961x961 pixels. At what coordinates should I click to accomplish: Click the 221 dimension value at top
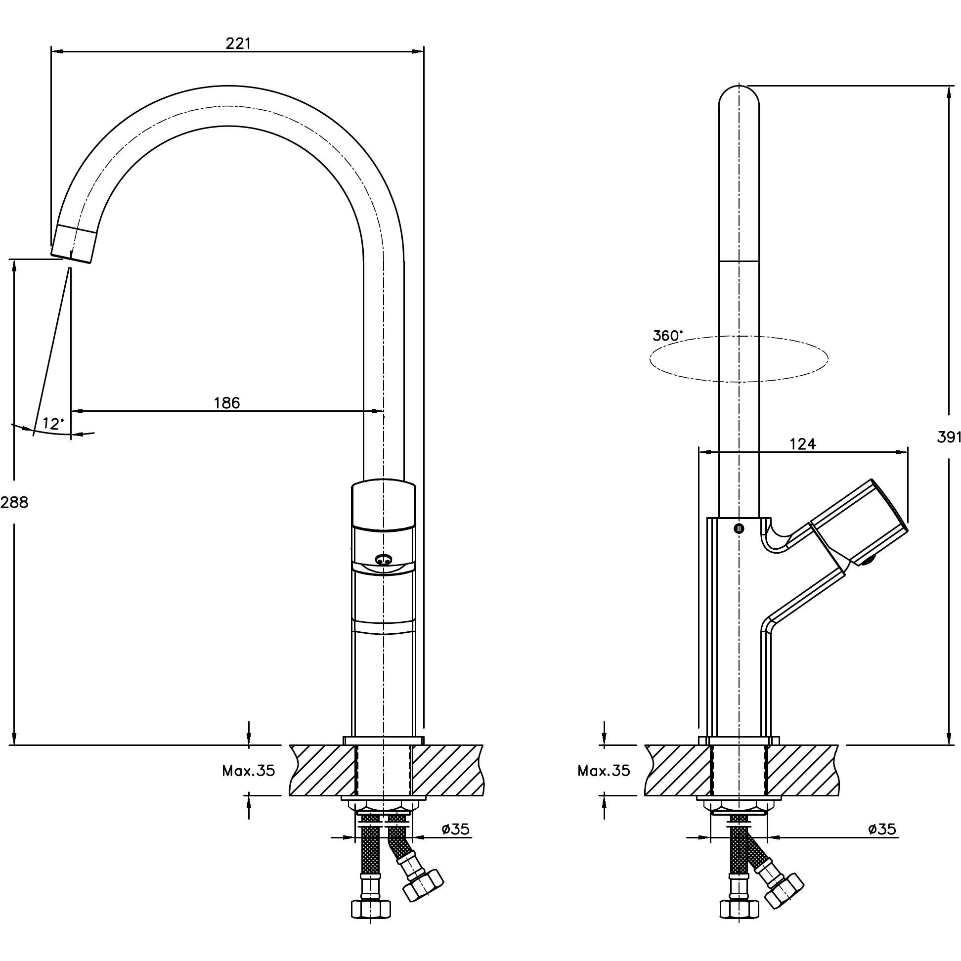(238, 44)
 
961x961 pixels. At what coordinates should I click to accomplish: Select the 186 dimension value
(227, 402)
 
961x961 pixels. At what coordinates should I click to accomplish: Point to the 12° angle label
(53, 424)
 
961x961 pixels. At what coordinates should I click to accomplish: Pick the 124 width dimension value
(803, 444)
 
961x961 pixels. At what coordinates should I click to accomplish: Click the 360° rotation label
(667, 336)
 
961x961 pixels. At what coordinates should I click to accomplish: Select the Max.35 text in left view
(248, 771)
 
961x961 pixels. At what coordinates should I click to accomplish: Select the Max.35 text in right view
(604, 771)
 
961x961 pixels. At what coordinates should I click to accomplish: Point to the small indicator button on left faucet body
(383, 561)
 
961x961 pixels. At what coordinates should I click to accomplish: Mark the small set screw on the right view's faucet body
(739, 529)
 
